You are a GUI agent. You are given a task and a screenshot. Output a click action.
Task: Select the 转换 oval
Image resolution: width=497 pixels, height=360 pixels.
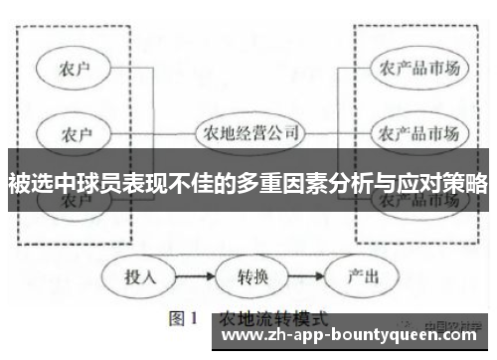click(248, 275)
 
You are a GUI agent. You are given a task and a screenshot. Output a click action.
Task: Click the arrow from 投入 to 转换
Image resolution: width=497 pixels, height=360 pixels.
click(195, 275)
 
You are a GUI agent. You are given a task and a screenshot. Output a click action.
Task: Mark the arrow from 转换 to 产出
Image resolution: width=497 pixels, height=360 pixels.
click(301, 275)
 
